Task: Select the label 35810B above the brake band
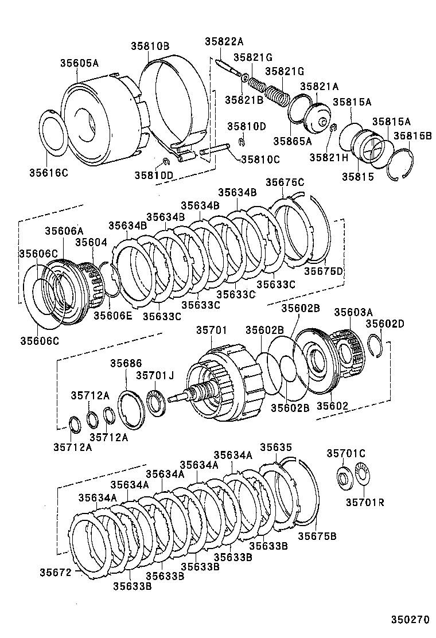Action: [x=149, y=46]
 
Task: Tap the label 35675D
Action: [x=324, y=271]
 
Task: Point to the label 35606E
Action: [x=113, y=314]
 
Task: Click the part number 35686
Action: [x=126, y=363]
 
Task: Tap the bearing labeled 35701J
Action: [x=156, y=400]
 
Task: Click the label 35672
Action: [x=55, y=572]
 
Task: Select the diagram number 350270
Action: [x=410, y=620]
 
